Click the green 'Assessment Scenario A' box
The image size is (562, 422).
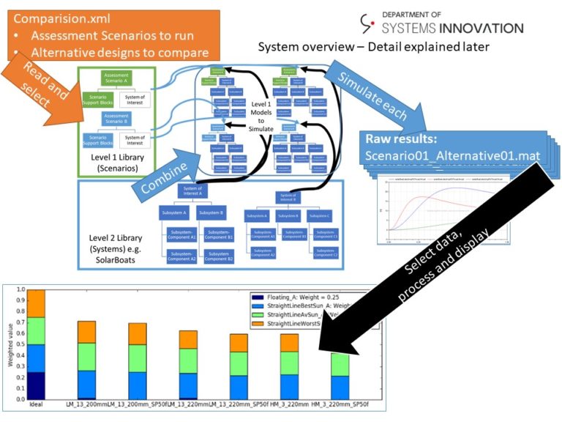(116, 78)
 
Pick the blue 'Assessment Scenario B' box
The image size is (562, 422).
(116, 119)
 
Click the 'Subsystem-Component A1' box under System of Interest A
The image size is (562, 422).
(179, 235)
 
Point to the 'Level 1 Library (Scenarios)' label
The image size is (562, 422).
(120, 162)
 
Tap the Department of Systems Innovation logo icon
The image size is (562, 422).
(368, 23)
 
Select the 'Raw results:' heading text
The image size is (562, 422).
(400, 139)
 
